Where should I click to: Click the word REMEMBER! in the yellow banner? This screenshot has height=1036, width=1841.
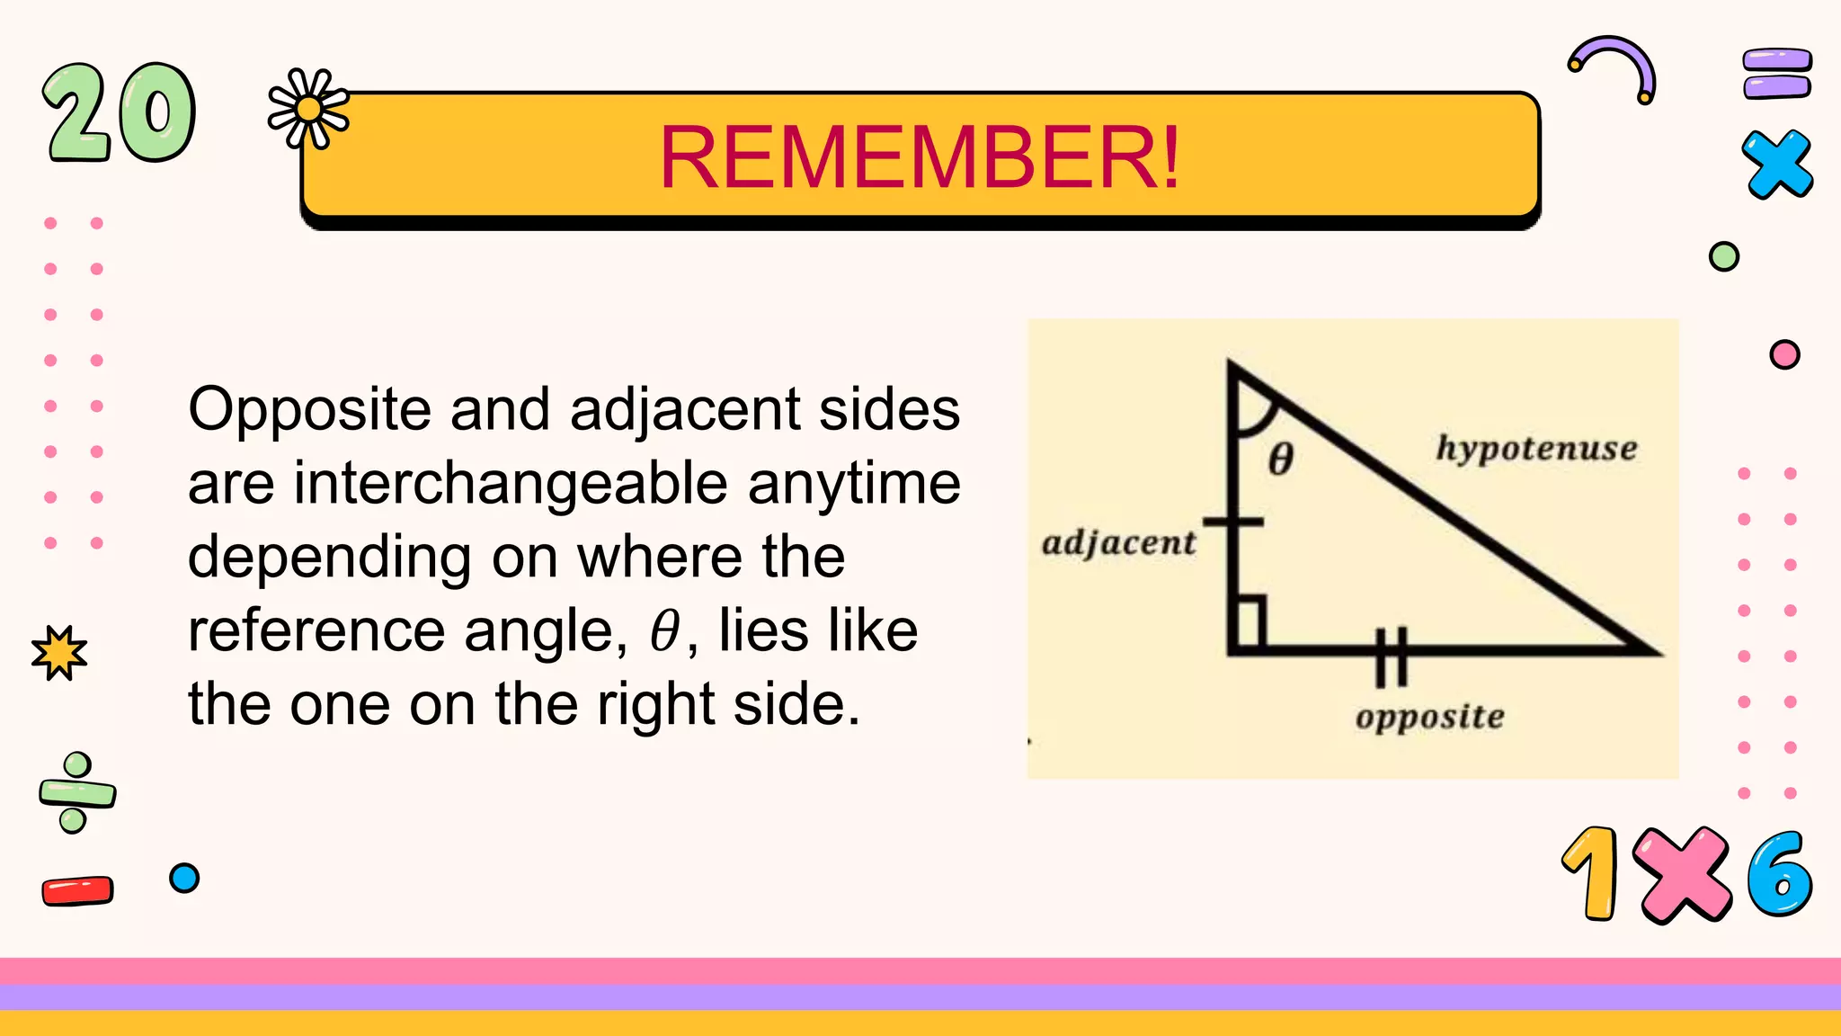(x=919, y=158)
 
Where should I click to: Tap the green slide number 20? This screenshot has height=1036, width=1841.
(x=119, y=113)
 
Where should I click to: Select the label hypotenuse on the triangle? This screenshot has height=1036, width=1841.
(x=1535, y=448)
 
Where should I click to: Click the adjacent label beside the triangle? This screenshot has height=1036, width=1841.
(x=1118, y=543)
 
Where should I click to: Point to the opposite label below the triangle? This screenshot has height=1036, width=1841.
(x=1429, y=717)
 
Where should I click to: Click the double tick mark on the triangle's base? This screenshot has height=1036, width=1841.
(x=1391, y=656)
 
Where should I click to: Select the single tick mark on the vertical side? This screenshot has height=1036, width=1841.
(x=1233, y=522)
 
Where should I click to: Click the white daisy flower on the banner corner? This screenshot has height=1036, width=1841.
(x=308, y=109)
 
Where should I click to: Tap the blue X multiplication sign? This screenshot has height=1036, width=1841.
(x=1776, y=164)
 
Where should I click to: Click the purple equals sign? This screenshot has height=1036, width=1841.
(x=1776, y=74)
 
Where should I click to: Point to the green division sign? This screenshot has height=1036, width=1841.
(x=76, y=793)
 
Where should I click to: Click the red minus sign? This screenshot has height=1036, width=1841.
(x=77, y=890)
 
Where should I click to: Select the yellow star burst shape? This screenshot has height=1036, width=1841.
(x=59, y=652)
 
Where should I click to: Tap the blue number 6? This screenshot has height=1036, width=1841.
(x=1779, y=874)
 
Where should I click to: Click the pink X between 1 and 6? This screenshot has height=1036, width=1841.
(x=1681, y=875)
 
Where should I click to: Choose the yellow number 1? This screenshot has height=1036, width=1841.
(x=1592, y=874)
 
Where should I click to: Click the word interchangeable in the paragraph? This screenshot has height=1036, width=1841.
(x=510, y=484)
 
